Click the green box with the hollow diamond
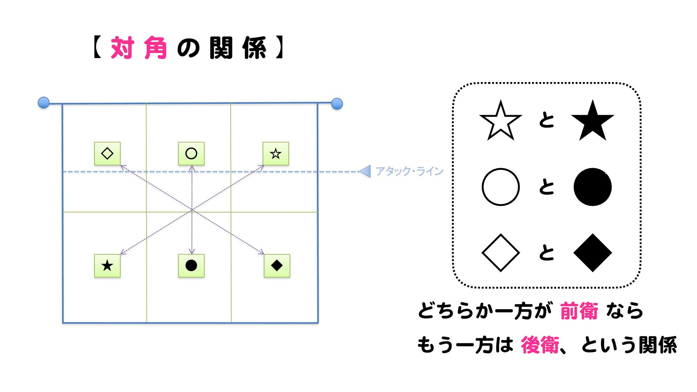[x=107, y=154]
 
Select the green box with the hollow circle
[x=191, y=154]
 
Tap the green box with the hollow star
[x=276, y=154]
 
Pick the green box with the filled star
[x=107, y=266]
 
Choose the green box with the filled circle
[x=191, y=266]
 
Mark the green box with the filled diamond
[x=277, y=266]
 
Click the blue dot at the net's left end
[x=44, y=103]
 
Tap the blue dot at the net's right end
[x=337, y=103]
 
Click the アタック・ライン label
[x=409, y=171]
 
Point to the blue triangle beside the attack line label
[x=366, y=171]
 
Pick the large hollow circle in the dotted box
[x=501, y=187]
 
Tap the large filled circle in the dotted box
[x=592, y=187]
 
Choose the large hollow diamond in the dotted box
[x=501, y=253]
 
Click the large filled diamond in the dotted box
[x=592, y=253]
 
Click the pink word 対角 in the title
[x=139, y=48]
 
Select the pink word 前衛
[x=579, y=311]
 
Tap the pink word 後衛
[x=540, y=345]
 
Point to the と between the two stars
[x=547, y=120]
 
